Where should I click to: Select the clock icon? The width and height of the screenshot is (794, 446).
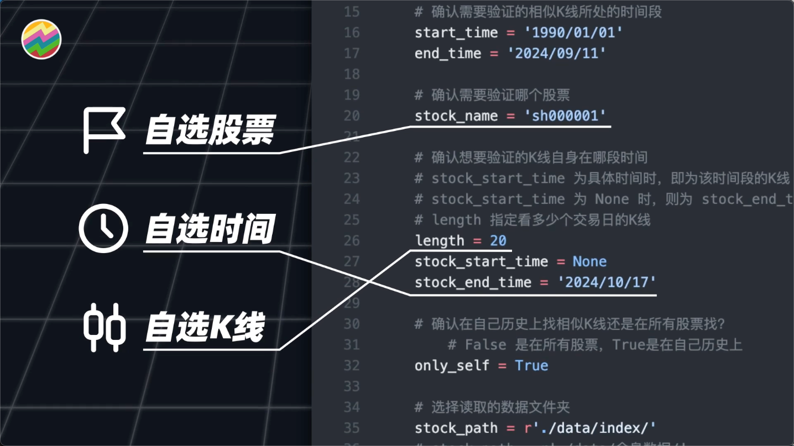tap(103, 228)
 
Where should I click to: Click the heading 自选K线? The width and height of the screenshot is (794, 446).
tap(205, 327)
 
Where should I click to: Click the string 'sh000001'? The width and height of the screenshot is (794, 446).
tap(565, 116)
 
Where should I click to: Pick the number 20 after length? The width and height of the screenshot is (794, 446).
tap(498, 240)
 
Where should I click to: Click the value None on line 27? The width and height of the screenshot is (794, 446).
tap(589, 261)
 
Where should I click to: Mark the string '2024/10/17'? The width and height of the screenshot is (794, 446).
tap(607, 282)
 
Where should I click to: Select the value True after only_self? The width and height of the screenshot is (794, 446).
tap(531, 365)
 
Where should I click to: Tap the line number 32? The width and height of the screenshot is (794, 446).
tap(351, 365)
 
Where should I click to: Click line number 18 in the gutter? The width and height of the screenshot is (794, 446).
tap(351, 74)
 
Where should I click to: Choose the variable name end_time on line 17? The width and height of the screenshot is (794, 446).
tap(448, 54)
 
